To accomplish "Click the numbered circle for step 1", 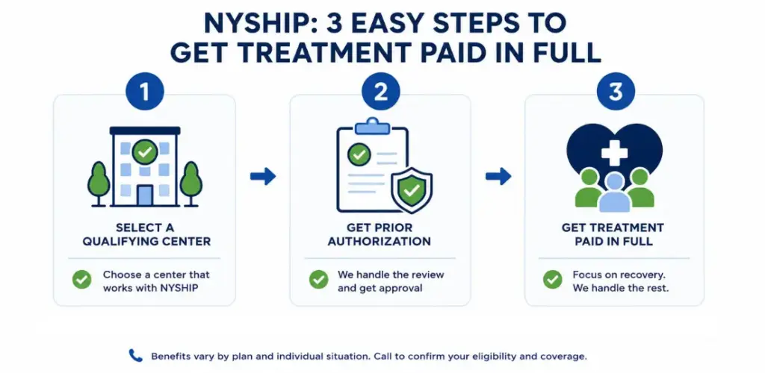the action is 145,92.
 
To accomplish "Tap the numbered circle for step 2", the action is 380,92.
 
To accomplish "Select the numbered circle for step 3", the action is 616,92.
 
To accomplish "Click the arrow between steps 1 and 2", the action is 263,176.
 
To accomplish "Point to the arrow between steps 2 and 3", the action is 498,176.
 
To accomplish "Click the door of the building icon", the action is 145,195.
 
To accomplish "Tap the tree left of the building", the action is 99,184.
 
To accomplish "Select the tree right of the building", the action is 191,184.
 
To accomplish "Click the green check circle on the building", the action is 145,152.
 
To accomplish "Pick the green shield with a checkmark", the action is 412,190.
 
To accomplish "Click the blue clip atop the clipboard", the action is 373,126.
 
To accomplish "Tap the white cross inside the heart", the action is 614,154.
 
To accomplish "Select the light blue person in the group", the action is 615,192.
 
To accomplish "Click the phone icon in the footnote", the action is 135,356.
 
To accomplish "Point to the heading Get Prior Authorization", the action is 379,234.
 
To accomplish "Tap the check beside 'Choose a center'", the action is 81,280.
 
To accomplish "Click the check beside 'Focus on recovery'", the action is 552,280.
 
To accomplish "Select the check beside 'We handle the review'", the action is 318,280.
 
